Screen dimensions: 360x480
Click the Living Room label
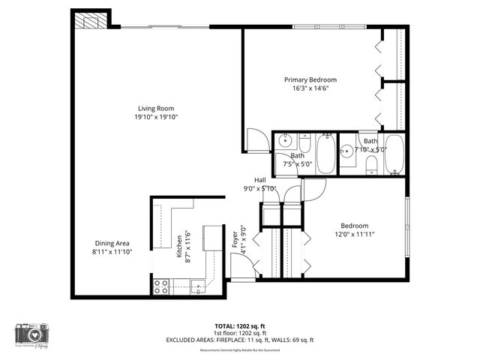[156, 109]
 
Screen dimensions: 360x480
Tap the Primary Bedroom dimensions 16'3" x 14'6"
[310, 88]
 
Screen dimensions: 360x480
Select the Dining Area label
[112, 243]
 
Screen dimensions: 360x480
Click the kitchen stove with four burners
[160, 286]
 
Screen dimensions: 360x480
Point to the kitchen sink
[198, 285]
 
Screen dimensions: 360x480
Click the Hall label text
[260, 180]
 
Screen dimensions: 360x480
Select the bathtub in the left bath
[326, 154]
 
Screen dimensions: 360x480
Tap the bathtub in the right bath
[394, 154]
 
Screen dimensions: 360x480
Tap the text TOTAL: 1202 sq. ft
[240, 326]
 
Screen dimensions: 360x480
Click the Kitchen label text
[179, 245]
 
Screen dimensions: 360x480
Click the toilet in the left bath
[304, 142]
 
